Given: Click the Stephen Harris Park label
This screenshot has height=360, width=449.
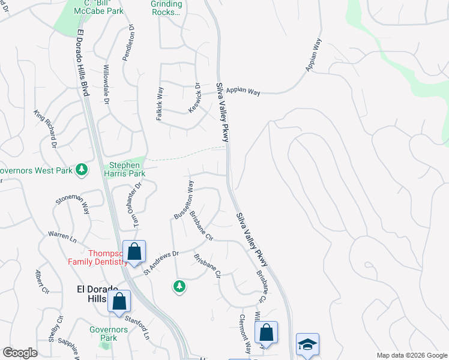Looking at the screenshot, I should (x=126, y=170).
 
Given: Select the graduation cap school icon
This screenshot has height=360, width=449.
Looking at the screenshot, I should (x=307, y=344).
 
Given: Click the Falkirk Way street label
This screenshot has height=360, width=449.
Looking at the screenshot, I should (x=160, y=104).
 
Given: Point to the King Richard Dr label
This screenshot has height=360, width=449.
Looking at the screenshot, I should (x=46, y=128).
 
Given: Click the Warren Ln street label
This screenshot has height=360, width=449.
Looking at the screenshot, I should (x=62, y=236).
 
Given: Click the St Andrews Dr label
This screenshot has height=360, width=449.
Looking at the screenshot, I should (x=161, y=262).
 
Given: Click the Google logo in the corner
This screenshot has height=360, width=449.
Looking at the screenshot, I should (x=20, y=353).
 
